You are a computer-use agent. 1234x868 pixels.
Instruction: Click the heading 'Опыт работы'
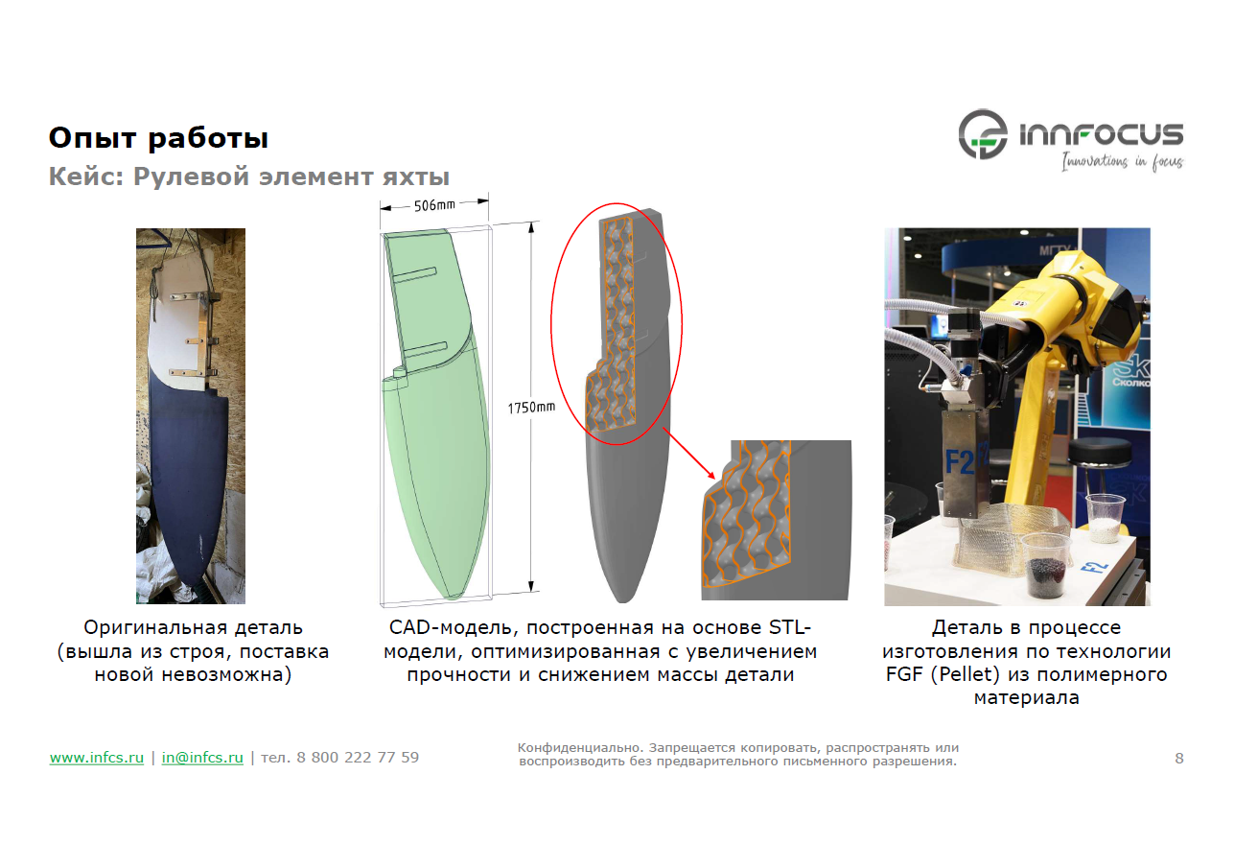click(x=158, y=138)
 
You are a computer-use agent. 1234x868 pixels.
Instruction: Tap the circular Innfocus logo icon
click(x=982, y=134)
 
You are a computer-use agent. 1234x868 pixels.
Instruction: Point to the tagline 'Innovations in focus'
click(x=1122, y=161)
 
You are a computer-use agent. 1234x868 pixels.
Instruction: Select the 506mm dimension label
click(x=434, y=205)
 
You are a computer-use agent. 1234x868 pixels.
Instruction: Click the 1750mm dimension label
click(x=531, y=408)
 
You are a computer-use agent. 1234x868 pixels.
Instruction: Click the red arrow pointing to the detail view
click(x=688, y=453)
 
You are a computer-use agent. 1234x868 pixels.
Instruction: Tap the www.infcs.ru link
click(x=97, y=758)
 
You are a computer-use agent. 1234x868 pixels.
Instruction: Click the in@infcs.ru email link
click(x=202, y=758)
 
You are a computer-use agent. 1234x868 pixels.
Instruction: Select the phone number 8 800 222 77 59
click(x=358, y=758)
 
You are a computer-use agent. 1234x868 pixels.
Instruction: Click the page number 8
click(x=1179, y=759)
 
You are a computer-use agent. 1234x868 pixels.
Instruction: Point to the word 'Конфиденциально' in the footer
click(x=580, y=748)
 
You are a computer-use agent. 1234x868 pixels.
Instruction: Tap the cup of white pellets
click(x=1106, y=518)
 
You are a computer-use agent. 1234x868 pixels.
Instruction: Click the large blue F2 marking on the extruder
click(x=959, y=462)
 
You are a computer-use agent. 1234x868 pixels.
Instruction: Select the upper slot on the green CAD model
click(x=415, y=274)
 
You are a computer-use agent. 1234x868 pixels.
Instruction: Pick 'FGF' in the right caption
click(x=905, y=674)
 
